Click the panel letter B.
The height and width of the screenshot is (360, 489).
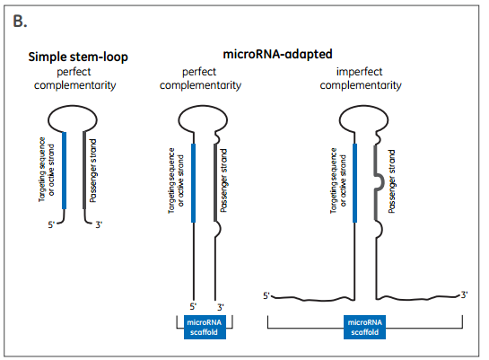pos(20,22)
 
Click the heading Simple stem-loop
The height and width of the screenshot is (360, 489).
pos(78,57)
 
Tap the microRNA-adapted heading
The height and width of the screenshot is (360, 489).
pos(277,54)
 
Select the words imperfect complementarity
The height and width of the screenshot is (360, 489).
pos(360,78)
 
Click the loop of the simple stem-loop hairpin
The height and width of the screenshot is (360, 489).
pos(73,106)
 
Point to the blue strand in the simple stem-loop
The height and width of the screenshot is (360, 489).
pos(65,171)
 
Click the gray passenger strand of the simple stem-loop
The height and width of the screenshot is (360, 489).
pos(84,171)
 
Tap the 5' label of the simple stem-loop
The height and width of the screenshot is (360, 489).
pos(51,224)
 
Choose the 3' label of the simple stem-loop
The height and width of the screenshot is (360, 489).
pos(99,224)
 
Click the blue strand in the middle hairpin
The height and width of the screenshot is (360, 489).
pos(193,183)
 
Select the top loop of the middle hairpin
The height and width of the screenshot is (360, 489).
pos(203,106)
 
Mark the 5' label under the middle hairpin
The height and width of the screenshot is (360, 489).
pos(193,307)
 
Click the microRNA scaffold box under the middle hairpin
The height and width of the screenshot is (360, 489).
pos(205,327)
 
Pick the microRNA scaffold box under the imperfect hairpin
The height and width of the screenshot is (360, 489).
pos(364,327)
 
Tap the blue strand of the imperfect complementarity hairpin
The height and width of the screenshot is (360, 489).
pos(354,183)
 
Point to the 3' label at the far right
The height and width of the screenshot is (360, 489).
pos(465,294)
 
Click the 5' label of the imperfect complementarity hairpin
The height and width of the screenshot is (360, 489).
pos(266,295)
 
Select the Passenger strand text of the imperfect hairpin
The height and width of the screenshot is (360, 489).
pos(392,181)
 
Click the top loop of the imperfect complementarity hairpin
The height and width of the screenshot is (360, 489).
pos(363,106)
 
